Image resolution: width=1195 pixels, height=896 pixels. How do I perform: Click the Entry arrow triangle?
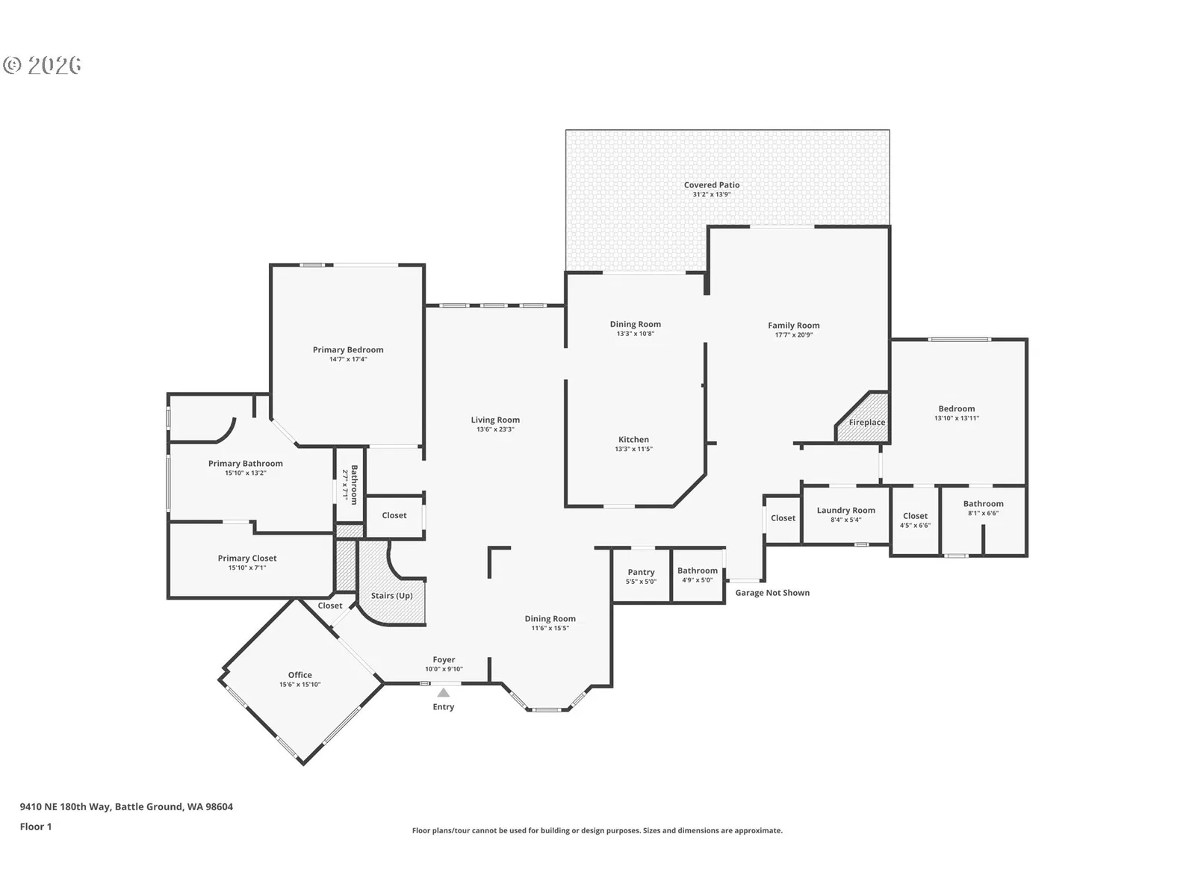[443, 693]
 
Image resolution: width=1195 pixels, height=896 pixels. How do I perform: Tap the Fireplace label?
[866, 422]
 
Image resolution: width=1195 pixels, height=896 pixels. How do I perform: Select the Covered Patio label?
[712, 185]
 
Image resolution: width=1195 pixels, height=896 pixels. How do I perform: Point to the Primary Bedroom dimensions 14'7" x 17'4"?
[348, 359]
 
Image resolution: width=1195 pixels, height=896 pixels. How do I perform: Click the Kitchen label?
[633, 440]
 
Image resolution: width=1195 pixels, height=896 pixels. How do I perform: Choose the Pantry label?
[641, 572]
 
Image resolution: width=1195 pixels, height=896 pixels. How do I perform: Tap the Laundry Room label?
[845, 510]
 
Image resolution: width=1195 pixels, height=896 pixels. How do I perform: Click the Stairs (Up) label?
[391, 596]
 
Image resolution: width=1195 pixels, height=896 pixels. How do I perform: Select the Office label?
[300, 675]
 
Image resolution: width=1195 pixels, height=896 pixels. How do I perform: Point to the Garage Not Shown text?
[772, 593]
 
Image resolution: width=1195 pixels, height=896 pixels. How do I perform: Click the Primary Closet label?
[247, 559]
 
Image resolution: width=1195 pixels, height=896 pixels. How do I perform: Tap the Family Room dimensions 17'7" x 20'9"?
[794, 335]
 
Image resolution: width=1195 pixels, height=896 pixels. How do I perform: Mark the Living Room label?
[495, 420]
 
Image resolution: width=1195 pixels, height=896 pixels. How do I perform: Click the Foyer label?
[444, 660]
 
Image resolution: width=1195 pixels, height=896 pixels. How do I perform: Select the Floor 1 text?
[36, 827]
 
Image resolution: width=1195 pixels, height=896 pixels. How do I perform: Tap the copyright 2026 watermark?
[43, 65]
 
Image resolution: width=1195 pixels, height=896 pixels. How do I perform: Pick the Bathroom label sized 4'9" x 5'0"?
[697, 570]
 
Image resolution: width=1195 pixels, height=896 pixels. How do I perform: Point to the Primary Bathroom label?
[246, 464]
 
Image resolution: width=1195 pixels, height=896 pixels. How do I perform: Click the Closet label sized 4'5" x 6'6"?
[915, 516]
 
